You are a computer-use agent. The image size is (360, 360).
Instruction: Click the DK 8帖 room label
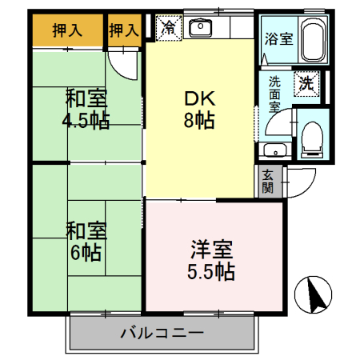click(x=200, y=110)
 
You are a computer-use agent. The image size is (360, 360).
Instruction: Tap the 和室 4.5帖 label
click(x=87, y=110)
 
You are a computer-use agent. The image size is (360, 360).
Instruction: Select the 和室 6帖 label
click(x=83, y=241)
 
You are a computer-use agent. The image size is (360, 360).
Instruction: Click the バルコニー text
click(x=163, y=331)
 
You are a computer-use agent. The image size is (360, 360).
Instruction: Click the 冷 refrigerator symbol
click(x=169, y=27)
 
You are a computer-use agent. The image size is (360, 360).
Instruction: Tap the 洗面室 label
click(x=274, y=94)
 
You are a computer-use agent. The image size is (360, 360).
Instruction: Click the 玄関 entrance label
click(x=267, y=182)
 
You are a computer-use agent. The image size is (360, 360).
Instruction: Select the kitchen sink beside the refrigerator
click(x=200, y=28)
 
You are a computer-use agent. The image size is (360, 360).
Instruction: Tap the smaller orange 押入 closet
click(x=123, y=30)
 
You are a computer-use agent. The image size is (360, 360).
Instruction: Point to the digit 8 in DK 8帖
click(x=193, y=122)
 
